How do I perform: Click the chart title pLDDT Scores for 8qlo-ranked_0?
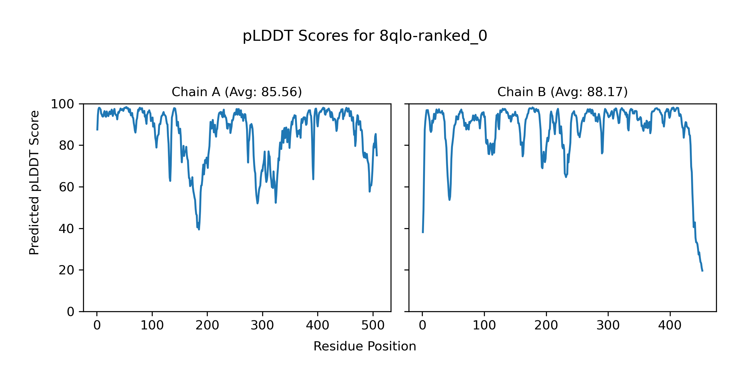[365, 36]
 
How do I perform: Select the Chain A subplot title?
[237, 92]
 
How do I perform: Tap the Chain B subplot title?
[562, 92]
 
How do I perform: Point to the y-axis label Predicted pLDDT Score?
[34, 182]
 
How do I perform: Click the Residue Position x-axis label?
[365, 346]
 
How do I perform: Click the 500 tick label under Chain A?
[373, 326]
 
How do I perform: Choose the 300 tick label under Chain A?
[262, 326]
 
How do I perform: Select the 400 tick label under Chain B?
[670, 326]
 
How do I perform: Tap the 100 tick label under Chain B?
[484, 326]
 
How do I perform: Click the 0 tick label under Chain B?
[422, 326]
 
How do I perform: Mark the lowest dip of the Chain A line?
[199, 229]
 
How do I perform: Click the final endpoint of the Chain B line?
[702, 271]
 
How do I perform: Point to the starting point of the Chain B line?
[422, 233]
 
